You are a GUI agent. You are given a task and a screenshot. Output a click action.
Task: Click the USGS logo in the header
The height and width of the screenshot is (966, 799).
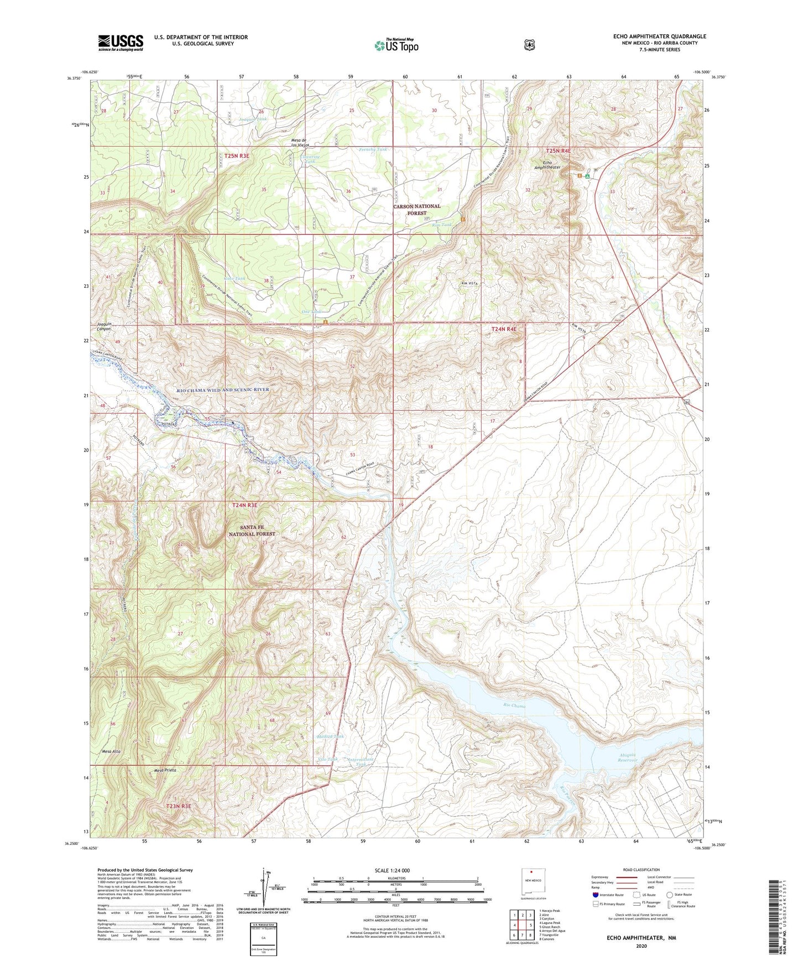[x=121, y=43]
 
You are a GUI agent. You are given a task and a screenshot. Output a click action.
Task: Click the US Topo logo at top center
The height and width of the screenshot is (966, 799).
[x=395, y=45]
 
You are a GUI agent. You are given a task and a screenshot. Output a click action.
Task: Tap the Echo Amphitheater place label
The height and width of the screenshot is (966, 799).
[x=547, y=164]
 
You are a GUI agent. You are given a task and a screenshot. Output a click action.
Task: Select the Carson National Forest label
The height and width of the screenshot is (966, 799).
[x=417, y=209]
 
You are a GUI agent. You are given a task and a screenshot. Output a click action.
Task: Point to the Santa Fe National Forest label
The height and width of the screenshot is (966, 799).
[x=252, y=531]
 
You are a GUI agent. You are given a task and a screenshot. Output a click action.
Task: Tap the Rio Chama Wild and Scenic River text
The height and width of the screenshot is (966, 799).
[x=223, y=389]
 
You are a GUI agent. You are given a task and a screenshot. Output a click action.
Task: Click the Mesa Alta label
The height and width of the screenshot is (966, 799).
[x=111, y=751]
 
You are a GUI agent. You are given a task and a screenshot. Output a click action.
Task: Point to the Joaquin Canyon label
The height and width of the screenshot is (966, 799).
[x=104, y=326]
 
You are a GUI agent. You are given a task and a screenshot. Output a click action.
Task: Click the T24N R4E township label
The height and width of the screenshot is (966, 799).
[x=504, y=329]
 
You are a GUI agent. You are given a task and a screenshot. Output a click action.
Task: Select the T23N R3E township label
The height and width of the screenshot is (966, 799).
[x=179, y=807]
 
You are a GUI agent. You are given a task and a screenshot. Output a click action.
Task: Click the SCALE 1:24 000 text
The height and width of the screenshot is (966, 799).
[x=391, y=870]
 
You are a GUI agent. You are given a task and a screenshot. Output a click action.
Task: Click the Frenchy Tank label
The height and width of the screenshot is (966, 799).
[x=373, y=149]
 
